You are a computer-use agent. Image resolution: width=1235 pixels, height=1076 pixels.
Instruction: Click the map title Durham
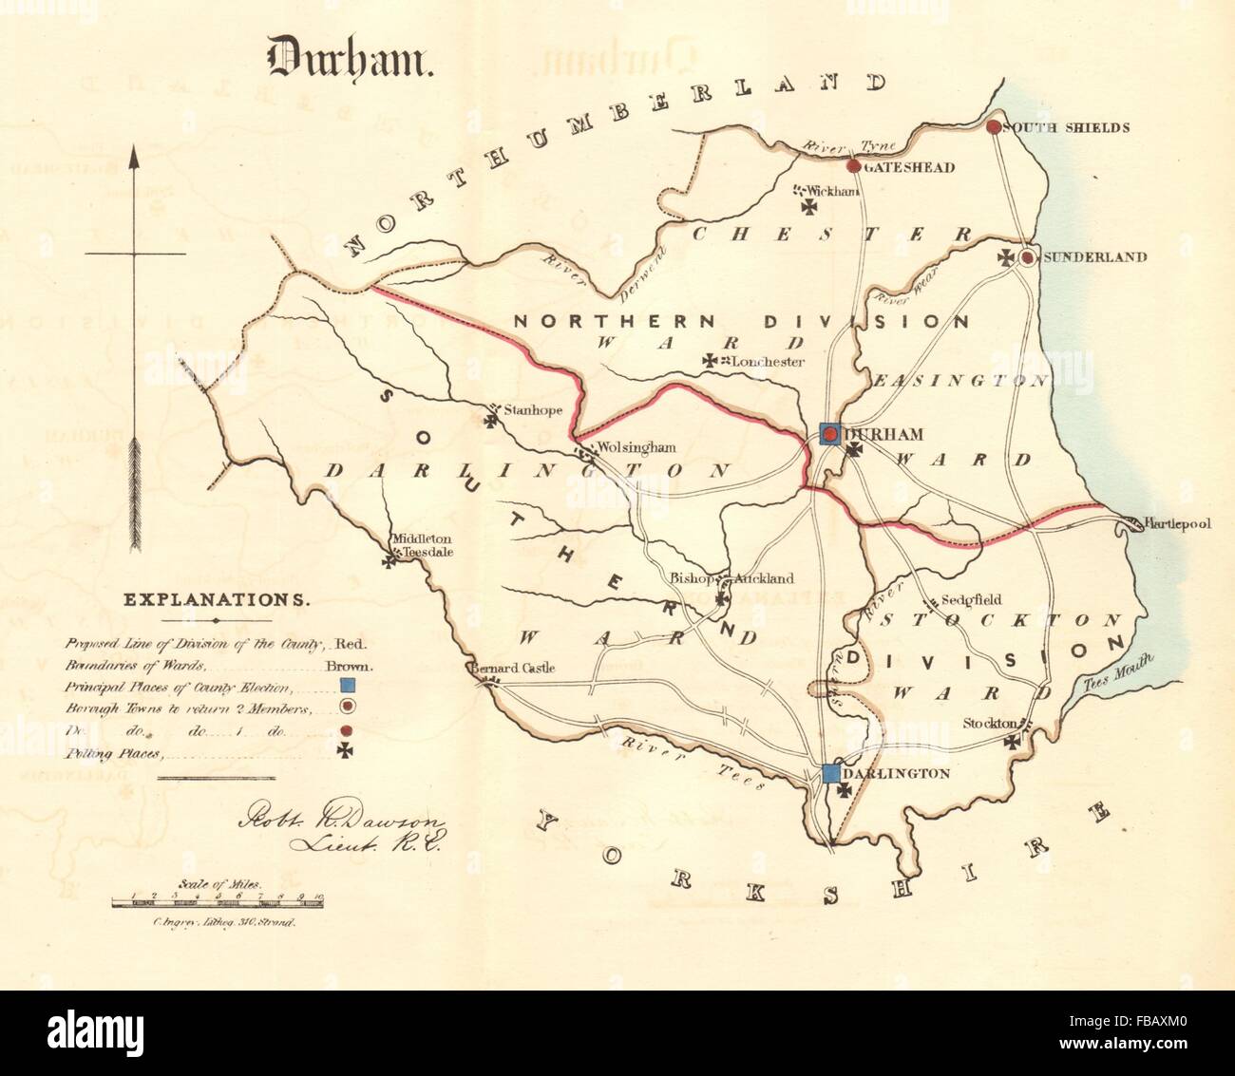[350, 58]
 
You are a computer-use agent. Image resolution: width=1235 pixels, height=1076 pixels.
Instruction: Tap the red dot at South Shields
[994, 126]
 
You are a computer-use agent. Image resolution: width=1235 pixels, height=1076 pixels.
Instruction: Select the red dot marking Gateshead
[853, 166]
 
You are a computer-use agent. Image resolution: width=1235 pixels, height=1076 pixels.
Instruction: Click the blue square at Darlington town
[831, 773]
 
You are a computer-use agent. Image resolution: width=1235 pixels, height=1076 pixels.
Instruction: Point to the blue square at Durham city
[829, 434]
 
